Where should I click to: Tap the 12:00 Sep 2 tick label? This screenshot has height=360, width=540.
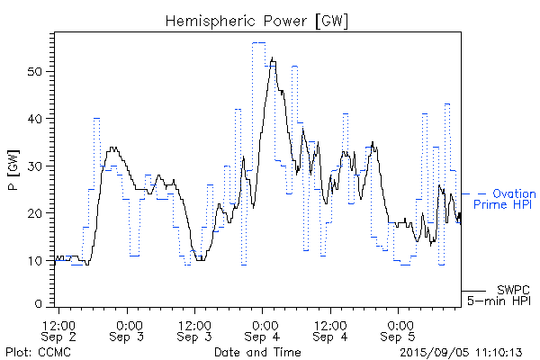tap(58, 330)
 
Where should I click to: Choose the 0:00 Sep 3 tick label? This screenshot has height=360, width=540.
tap(128, 330)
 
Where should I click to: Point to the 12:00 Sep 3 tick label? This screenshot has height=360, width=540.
tap(193, 330)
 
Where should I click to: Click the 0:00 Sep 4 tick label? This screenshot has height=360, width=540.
tap(263, 330)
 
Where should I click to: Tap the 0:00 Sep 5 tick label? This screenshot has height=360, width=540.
tap(398, 330)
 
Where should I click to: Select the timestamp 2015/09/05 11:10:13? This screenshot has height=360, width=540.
tap(462, 352)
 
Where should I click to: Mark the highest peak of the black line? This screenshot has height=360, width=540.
tap(272, 58)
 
